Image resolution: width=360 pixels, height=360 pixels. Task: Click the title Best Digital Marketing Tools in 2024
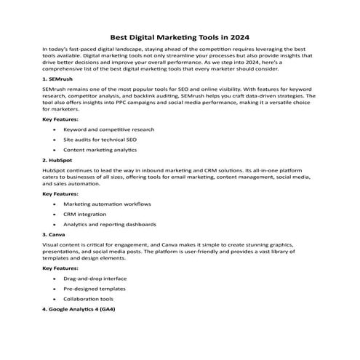point(180,34)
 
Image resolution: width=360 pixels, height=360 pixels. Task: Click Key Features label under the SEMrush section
point(61,118)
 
